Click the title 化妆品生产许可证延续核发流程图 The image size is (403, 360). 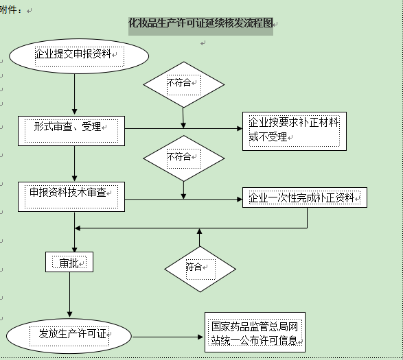(200, 24)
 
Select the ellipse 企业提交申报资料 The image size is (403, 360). (79, 54)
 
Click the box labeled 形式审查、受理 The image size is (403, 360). (71, 130)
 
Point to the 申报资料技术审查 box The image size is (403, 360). (71, 196)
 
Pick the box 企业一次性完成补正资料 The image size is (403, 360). (304, 197)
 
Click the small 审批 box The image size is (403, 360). (69, 263)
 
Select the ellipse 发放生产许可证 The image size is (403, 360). (69, 335)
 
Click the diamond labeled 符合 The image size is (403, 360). (199, 267)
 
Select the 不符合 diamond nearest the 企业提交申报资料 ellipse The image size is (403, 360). (183, 84)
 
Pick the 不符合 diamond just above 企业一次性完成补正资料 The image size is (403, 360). (183, 156)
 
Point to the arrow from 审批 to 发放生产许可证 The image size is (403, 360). (70, 294)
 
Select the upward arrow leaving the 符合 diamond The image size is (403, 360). (199, 237)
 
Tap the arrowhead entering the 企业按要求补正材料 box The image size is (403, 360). (238, 128)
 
